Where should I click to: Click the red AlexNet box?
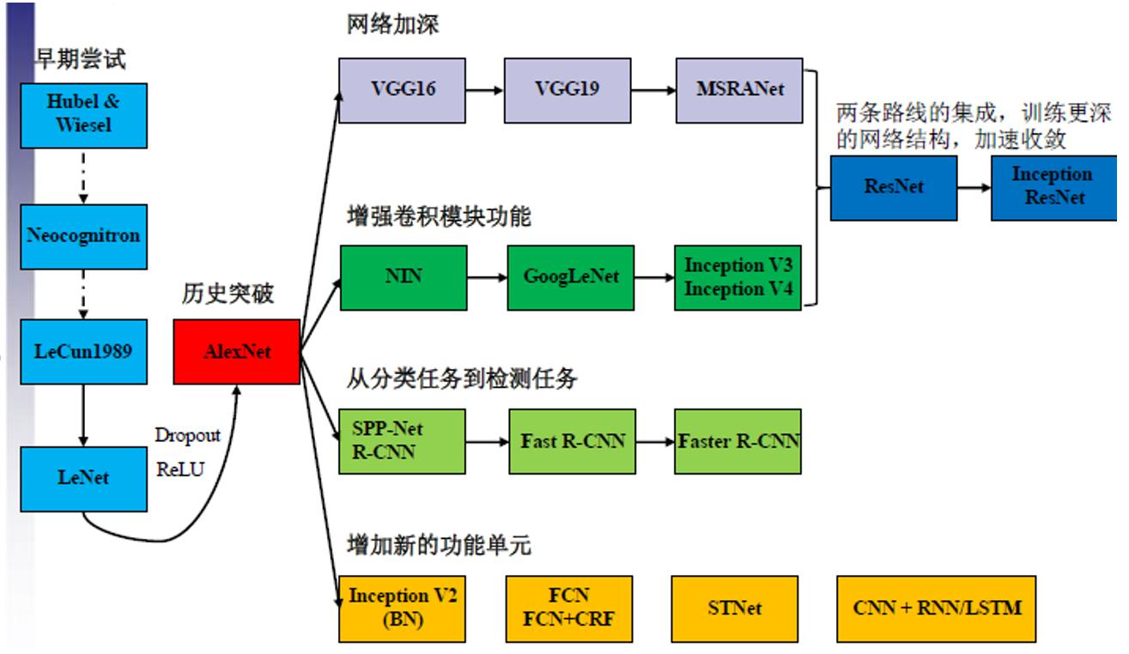tap(236, 352)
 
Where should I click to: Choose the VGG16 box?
tap(402, 89)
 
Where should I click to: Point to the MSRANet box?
tap(738, 89)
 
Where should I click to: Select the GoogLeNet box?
tap(570, 278)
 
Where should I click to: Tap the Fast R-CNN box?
tap(570, 441)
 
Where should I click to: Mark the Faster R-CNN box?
tap(738, 441)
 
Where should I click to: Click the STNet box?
tap(735, 608)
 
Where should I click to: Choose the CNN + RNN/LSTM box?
tap(937, 608)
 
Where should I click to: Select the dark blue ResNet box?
tap(894, 187)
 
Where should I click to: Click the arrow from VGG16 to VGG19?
tap(485, 89)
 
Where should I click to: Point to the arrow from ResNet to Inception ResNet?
tap(974, 187)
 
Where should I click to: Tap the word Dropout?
tap(187, 435)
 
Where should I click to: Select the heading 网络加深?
tap(392, 25)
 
